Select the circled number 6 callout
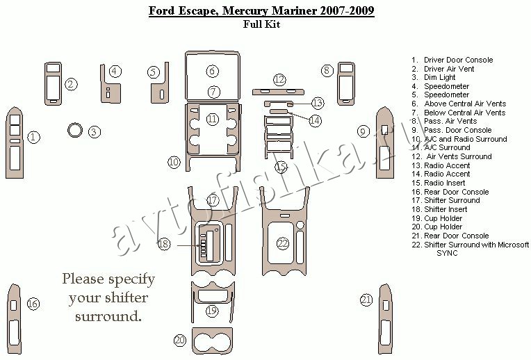pos(213,71)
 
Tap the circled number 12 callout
pos(279,79)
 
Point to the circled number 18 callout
pos(164,244)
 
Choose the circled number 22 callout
pos(283,243)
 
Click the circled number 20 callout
pos(181,340)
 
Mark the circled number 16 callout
pos(33,304)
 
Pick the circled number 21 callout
pos(366,300)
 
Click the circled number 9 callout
pos(363,131)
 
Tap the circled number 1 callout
pos(33,137)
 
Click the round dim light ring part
pos(75,130)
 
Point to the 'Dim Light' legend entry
pos(439,77)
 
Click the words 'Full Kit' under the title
pos(262,24)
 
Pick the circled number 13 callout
pos(318,103)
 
